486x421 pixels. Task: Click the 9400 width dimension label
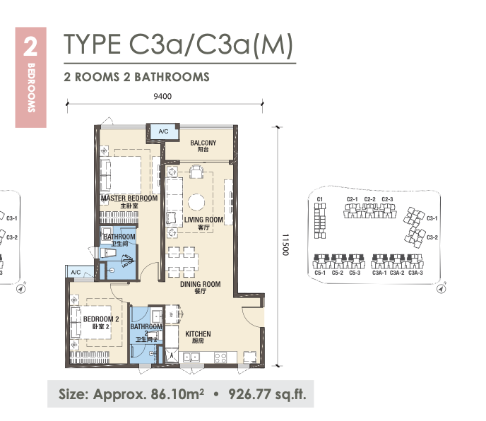tap(162, 96)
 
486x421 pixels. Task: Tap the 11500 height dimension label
tap(285, 244)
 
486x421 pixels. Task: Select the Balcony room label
tap(203, 146)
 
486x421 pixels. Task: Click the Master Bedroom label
tap(129, 201)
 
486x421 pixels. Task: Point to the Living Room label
tap(203, 223)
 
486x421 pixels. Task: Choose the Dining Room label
tap(200, 287)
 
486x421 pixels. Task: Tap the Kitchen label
tap(198, 337)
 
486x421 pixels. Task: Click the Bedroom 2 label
tap(101, 322)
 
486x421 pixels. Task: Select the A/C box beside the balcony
tap(164, 132)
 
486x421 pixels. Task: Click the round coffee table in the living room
tap(196, 202)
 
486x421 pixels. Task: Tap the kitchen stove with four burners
tap(220, 357)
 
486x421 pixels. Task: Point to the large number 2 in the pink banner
tap(30, 47)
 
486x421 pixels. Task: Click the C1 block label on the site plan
tap(320, 199)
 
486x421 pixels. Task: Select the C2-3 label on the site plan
tap(387, 199)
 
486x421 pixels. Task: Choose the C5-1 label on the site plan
tap(320, 273)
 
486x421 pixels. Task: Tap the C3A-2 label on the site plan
tap(397, 273)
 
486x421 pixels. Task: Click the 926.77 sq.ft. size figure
tap(267, 394)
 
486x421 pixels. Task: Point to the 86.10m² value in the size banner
tap(177, 394)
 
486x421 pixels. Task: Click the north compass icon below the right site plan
tap(441, 289)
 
